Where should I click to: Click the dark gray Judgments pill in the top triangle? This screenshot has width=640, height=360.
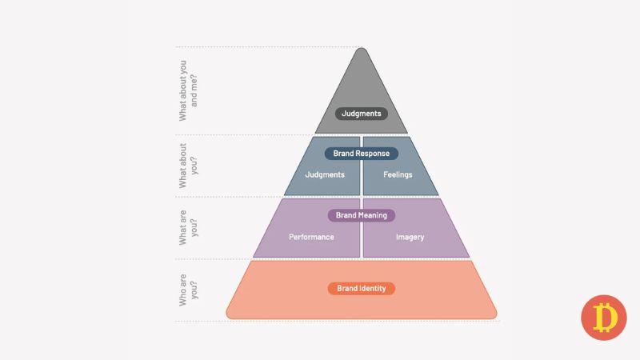[362, 114]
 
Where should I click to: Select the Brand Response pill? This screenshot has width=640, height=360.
[362, 154]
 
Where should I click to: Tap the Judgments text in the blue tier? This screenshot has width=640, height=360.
[325, 174]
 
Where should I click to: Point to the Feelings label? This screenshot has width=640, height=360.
[398, 174]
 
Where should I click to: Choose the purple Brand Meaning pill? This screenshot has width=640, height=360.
[362, 215]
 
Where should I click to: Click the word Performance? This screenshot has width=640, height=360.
[311, 237]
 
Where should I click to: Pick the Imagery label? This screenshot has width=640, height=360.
[410, 237]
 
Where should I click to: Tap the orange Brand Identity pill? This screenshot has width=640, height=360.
[362, 289]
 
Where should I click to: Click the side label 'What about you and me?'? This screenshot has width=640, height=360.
[188, 90]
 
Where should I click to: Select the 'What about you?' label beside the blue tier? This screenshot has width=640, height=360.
[188, 166]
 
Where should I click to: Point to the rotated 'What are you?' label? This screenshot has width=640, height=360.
[188, 228]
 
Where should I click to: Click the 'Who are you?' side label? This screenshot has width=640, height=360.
[188, 290]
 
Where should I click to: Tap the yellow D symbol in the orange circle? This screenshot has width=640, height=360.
[605, 317]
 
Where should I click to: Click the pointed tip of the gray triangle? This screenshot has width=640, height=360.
[362, 48]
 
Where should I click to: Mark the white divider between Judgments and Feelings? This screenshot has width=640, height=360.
[362, 166]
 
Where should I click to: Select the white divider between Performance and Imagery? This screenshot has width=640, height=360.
[362, 228]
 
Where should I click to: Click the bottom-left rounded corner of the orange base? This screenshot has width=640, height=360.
[229, 315]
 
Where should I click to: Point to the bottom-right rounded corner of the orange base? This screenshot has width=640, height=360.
[494, 315]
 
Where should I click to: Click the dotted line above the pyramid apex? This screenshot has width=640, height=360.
[268, 47]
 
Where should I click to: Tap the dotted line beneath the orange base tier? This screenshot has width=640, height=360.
[338, 322]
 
